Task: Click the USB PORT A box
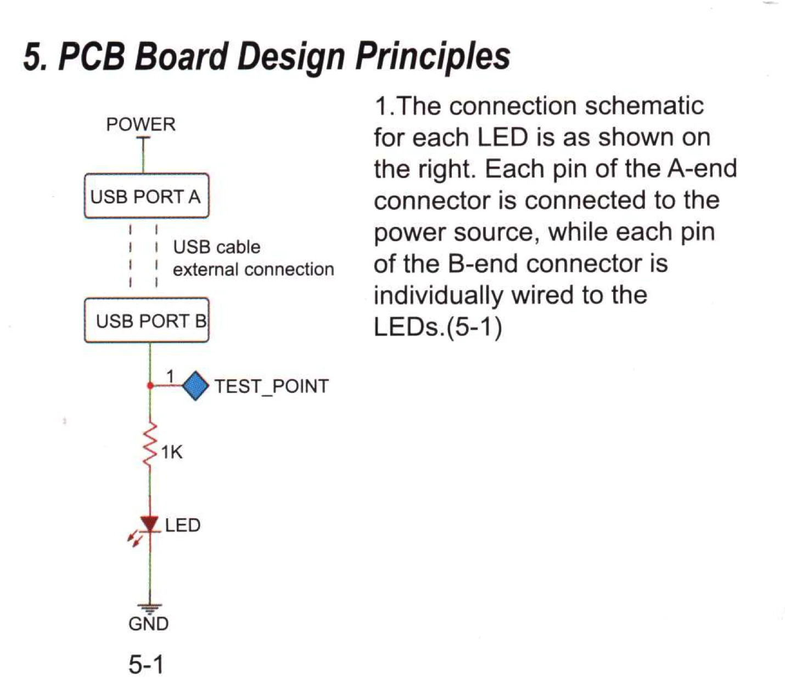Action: pos(147,196)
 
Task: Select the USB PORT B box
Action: pos(147,320)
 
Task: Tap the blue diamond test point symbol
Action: pos(195,386)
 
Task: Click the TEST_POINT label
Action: pos(272,386)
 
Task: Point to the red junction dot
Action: pos(150,386)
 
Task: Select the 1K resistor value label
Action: pos(172,452)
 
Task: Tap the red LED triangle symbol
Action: pos(150,524)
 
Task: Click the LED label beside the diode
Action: pos(183,525)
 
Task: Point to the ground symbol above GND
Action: pos(150,608)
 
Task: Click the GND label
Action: pos(149,624)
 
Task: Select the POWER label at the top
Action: pos(141,125)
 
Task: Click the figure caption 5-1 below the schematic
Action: pos(146,664)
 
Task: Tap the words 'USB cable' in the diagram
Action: pos(217,247)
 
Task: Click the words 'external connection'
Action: pos(254,269)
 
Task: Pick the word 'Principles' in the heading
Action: pos(433,57)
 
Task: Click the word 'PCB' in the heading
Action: pos(92,56)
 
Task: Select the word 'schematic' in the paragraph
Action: pos(644,106)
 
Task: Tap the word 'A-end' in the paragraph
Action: pos(702,169)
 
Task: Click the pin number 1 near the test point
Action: pos(171,376)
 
